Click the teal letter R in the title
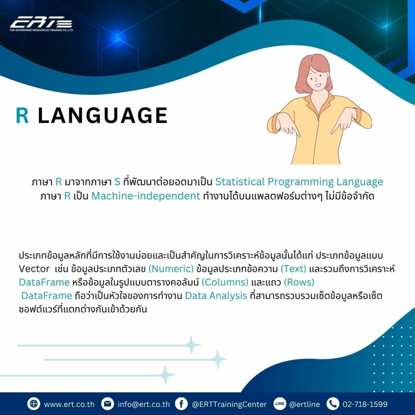click(22, 116)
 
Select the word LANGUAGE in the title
click(103, 116)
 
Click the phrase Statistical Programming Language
click(299, 182)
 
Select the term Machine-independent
click(146, 196)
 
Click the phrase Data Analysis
click(216, 295)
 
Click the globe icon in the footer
click(34, 404)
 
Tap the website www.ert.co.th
click(69, 404)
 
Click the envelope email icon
click(107, 404)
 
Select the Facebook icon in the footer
click(181, 404)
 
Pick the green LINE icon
click(280, 404)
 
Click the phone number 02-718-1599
click(365, 404)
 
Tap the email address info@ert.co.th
click(143, 404)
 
